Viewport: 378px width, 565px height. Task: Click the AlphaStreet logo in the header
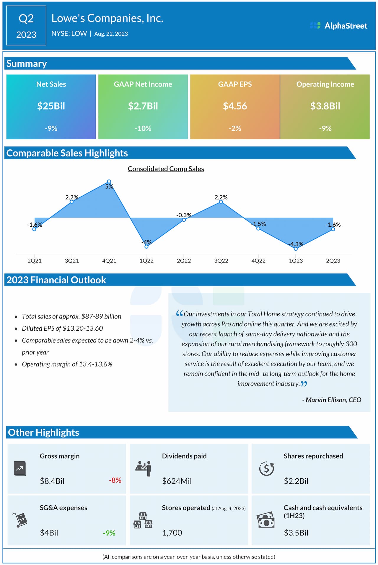(338, 26)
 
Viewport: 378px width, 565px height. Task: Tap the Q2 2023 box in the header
(26, 26)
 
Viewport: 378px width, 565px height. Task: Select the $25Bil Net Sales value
(51, 106)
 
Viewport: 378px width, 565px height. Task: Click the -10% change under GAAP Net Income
(143, 128)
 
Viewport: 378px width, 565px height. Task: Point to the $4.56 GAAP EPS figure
(235, 106)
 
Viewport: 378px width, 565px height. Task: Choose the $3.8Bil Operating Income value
(325, 106)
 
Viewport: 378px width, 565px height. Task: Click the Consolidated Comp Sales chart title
(166, 169)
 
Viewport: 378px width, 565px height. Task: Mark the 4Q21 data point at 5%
(109, 182)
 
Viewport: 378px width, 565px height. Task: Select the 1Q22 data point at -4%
(146, 246)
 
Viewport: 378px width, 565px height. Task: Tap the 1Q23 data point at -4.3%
(296, 249)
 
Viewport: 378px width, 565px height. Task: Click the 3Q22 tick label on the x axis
(221, 261)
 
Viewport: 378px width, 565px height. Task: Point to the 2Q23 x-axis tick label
(333, 261)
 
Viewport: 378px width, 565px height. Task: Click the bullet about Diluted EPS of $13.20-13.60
(62, 328)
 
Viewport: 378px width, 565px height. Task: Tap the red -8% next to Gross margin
(115, 480)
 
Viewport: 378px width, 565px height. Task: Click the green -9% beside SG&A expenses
(109, 533)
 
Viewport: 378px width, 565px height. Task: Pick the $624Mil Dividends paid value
(177, 481)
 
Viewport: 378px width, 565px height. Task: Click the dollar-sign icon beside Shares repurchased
(266, 468)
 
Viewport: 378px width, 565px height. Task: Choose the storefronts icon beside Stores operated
(143, 520)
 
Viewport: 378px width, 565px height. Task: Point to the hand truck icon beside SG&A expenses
(20, 520)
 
